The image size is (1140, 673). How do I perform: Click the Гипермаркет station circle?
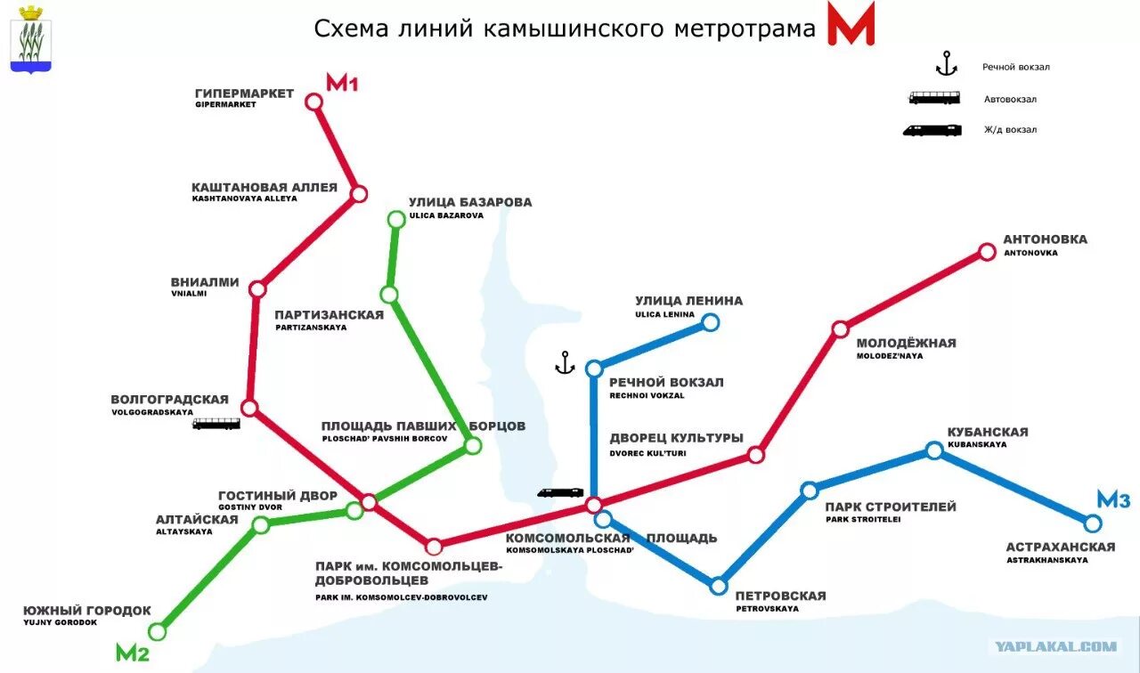(x=313, y=101)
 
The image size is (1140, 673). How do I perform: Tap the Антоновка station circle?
(x=987, y=252)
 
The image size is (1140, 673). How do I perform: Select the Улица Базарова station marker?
(x=396, y=219)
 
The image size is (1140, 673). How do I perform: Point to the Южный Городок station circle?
(x=158, y=632)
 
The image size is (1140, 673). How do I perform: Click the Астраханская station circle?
(x=1093, y=523)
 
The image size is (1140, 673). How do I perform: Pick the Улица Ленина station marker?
(x=710, y=322)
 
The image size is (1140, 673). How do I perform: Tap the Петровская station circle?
(x=719, y=586)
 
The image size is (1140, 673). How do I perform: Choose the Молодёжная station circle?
(x=840, y=329)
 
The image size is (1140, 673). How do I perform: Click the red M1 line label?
(x=341, y=84)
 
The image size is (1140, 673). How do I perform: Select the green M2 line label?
(x=132, y=653)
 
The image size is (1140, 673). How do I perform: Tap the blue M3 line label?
(x=1113, y=500)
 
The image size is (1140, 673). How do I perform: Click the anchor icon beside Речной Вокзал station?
(x=563, y=362)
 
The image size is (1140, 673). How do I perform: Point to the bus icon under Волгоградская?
(x=216, y=425)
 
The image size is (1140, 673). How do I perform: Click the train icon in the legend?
(x=932, y=130)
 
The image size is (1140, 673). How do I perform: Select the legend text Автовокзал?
(x=1010, y=100)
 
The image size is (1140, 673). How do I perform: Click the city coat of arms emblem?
(x=31, y=38)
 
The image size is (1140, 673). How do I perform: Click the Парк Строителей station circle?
(x=810, y=491)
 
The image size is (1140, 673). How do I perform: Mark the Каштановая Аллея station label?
(x=265, y=188)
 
